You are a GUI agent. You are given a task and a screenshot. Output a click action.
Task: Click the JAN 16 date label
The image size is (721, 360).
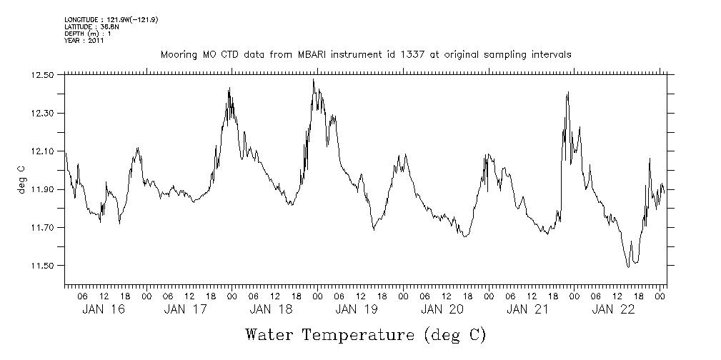point(99,309)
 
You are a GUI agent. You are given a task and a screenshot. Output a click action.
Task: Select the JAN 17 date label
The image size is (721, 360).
point(185,309)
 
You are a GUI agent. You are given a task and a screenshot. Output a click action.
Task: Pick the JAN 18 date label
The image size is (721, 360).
point(271,309)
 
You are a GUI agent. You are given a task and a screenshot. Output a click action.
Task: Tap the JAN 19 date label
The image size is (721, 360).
point(357,309)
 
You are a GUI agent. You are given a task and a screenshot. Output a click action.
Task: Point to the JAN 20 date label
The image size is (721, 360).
point(442,309)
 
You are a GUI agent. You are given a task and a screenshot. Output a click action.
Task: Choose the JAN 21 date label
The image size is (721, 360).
point(527,309)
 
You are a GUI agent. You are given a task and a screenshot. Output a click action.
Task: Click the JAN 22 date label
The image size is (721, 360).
point(613,309)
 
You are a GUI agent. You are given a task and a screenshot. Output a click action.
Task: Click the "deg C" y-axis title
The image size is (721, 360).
point(22,179)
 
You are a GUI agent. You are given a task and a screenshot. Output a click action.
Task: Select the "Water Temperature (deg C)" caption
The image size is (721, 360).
point(366,335)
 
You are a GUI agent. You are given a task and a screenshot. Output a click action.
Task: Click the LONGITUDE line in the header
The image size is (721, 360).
point(111,20)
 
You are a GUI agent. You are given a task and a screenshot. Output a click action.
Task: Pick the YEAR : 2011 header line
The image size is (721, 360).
point(84,41)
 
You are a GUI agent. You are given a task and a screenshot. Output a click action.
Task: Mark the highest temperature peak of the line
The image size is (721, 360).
point(313,80)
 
